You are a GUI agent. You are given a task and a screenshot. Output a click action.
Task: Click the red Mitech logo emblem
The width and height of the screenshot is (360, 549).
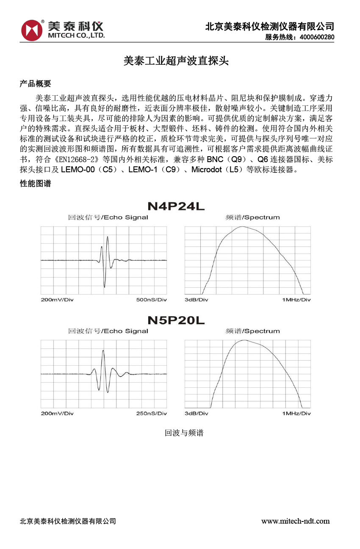[x=32, y=30]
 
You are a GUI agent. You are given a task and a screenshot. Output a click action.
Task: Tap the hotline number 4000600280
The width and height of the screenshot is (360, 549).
[x=317, y=37]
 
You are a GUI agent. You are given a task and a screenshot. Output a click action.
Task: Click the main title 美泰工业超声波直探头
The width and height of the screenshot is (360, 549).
[x=176, y=61]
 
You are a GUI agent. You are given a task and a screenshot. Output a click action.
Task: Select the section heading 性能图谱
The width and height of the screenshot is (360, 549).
[x=36, y=184]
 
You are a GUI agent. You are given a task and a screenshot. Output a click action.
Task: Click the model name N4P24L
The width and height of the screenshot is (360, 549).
[x=176, y=207]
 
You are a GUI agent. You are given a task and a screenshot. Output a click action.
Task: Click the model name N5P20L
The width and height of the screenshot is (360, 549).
[x=176, y=320]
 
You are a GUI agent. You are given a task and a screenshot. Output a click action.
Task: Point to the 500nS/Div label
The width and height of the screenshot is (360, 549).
[x=151, y=300]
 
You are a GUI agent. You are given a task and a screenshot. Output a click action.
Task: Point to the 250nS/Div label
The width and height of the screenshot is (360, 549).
[x=151, y=413]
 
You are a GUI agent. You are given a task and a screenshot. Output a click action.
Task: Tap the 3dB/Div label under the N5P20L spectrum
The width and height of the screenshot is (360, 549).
[x=196, y=413]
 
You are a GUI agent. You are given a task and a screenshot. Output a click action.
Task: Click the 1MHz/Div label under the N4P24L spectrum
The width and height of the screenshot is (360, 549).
[x=296, y=300]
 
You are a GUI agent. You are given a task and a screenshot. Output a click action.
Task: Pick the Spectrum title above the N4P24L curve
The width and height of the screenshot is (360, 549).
[x=253, y=218]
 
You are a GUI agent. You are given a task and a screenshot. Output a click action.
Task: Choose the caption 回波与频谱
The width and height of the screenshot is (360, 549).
[x=184, y=433]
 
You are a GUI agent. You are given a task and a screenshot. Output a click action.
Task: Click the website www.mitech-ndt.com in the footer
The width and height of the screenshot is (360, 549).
[x=295, y=521]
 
